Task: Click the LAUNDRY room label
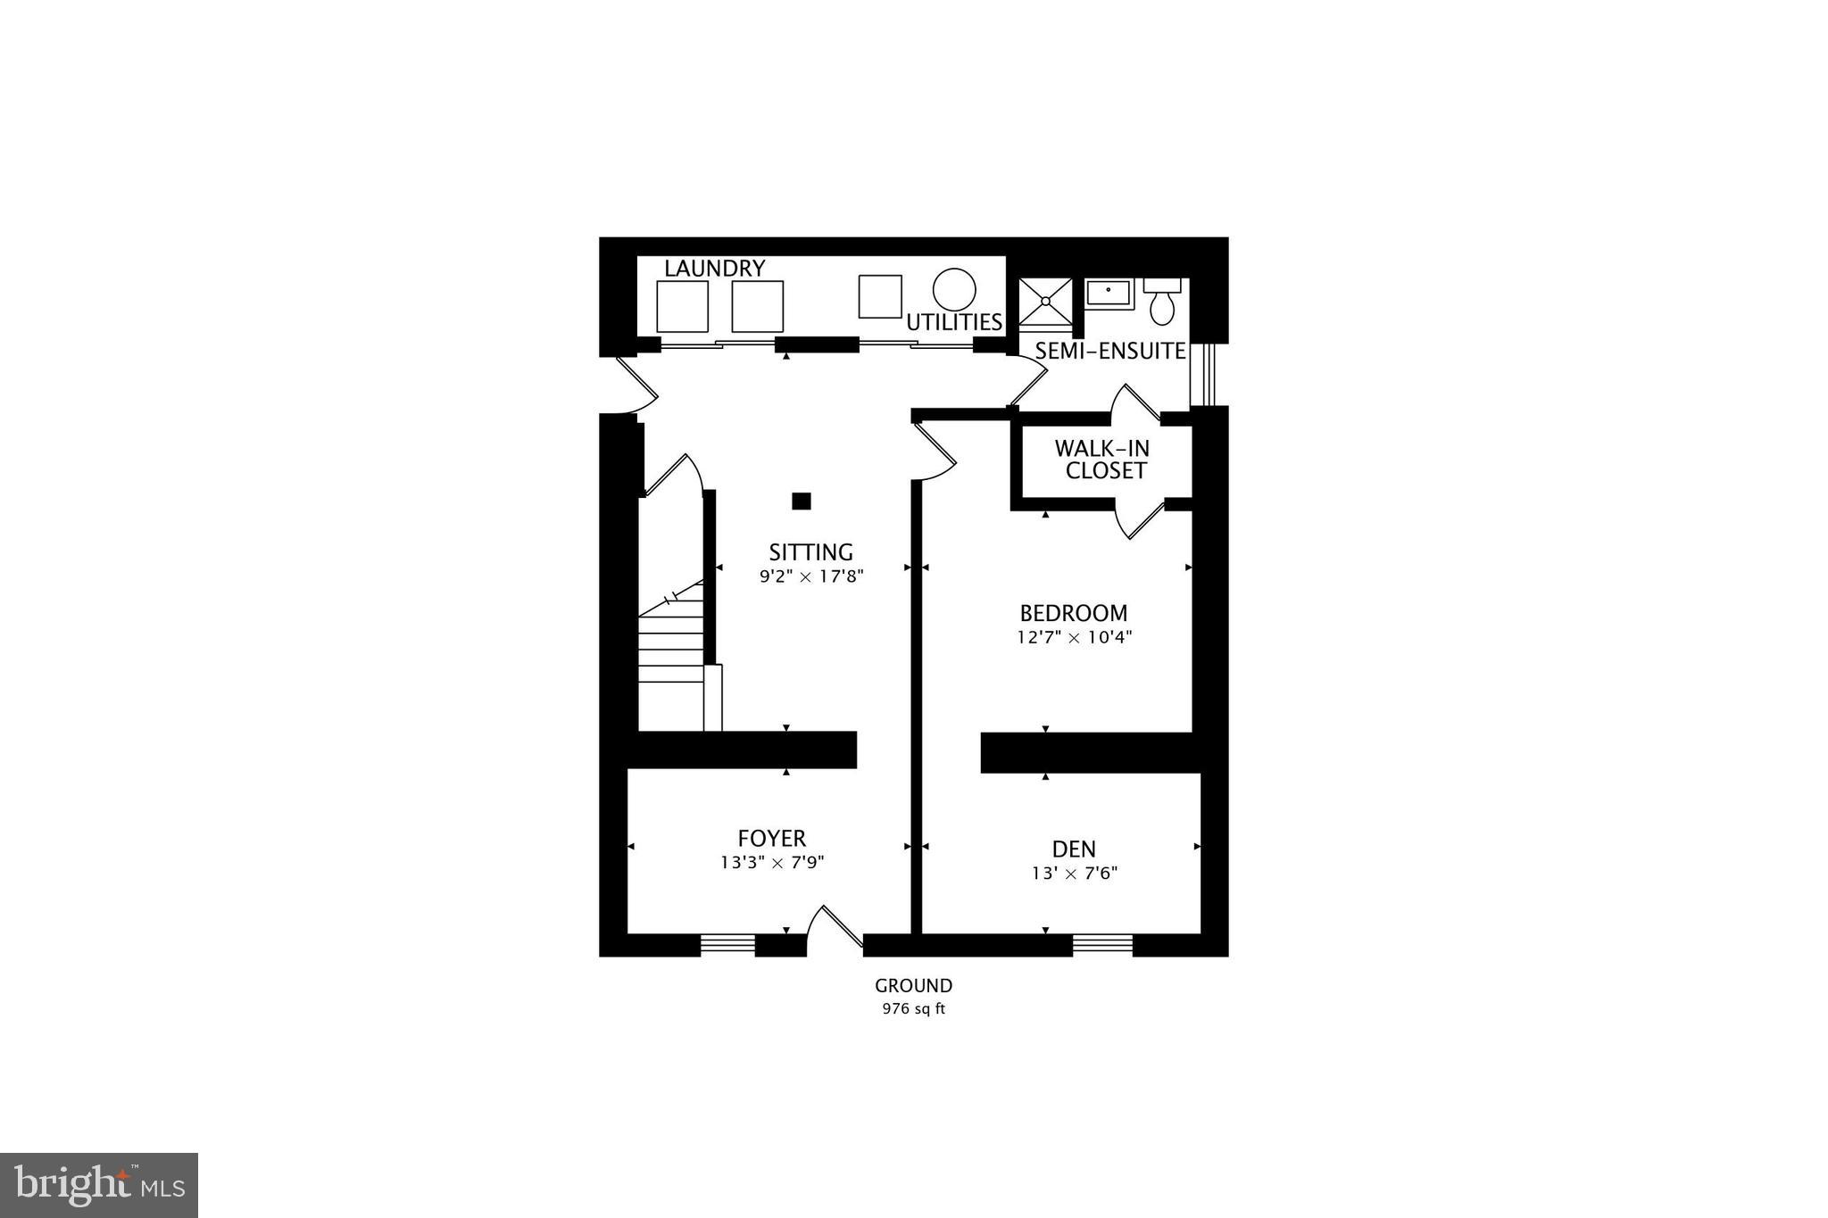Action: [714, 268]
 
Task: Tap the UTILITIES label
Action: [954, 322]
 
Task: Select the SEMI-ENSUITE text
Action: [1110, 352]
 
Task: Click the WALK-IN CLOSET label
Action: [1103, 460]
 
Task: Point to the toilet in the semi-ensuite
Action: [1162, 303]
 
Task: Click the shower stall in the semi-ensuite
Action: [1045, 302]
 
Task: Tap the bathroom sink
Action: [1109, 293]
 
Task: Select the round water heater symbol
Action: [954, 290]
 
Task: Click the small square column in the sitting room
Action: [802, 501]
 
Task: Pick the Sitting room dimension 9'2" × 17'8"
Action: [811, 576]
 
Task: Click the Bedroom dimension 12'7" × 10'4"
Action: [1074, 637]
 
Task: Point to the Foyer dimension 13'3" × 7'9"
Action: [772, 863]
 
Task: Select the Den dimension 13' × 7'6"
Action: [1074, 873]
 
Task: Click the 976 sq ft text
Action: [913, 1009]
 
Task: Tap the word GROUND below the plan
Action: [913, 986]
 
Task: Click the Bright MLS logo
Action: [99, 1185]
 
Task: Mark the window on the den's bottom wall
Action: [1102, 944]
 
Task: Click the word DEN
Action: [1074, 849]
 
